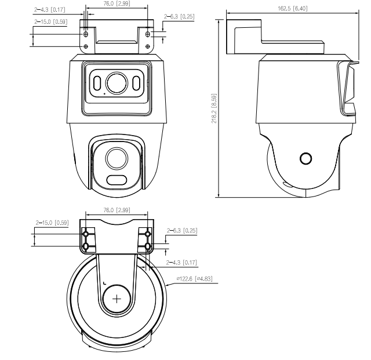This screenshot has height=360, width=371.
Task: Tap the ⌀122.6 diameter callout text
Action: pos(195,279)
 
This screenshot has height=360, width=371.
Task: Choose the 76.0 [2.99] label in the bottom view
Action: pos(116,210)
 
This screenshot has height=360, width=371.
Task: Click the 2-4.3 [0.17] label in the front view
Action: pos(50,10)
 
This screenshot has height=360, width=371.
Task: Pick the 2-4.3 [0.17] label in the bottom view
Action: pos(181,263)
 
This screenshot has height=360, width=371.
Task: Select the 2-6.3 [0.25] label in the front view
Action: pos(180,17)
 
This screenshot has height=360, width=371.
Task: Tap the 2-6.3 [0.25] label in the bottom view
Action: pos(183,230)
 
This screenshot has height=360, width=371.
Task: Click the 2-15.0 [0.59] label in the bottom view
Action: pos(52,222)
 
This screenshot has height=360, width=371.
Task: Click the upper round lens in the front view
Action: pos(116,82)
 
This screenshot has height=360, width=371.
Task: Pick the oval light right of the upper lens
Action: pos(136,83)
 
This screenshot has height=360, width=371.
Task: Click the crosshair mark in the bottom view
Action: pos(118,299)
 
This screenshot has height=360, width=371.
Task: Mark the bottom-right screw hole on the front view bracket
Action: pos(148,45)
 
